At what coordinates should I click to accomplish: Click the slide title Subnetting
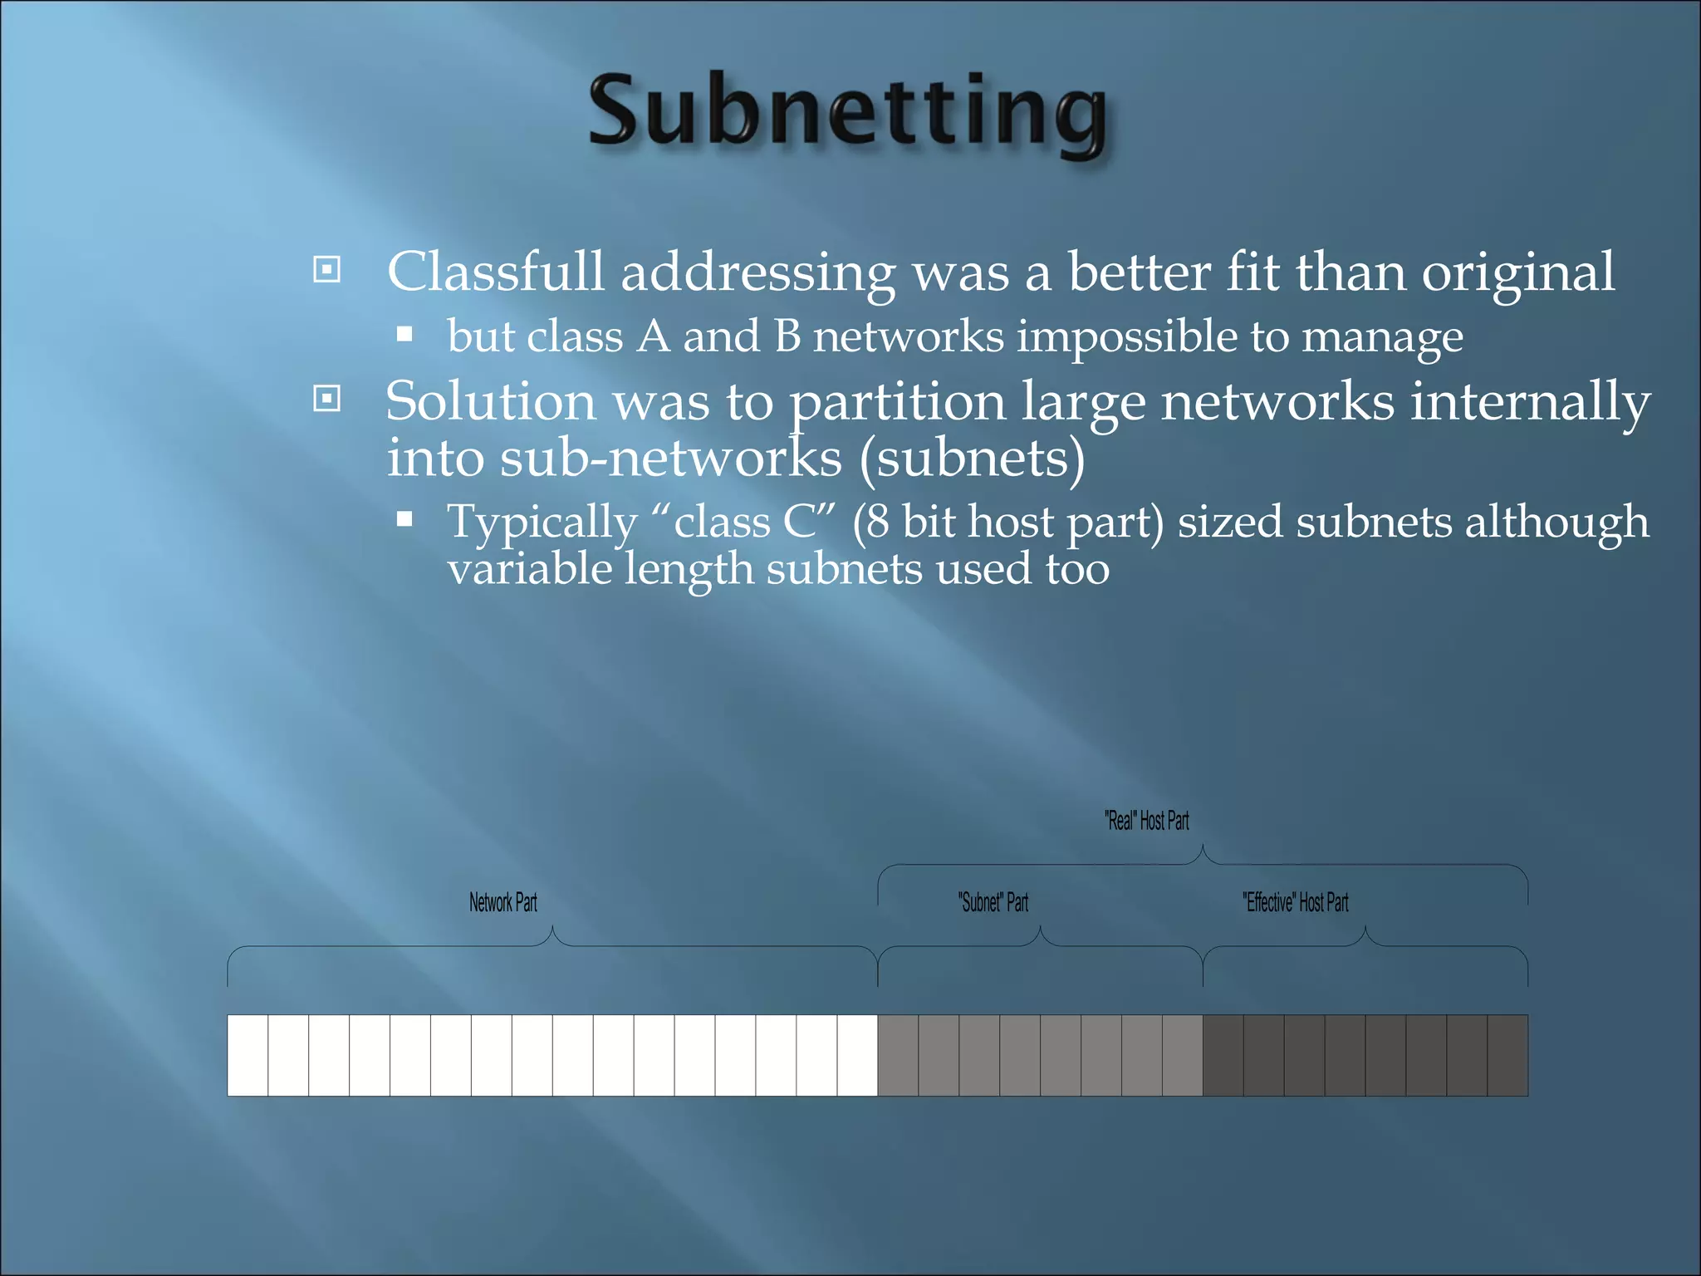847,112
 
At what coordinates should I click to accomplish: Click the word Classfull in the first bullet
495,272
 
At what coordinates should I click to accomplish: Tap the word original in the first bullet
1517,272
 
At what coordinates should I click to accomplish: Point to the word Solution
490,401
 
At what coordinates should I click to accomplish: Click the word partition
896,403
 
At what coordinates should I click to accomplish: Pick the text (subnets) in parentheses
972,459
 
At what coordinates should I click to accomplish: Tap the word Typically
542,523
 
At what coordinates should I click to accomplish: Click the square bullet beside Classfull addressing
327,269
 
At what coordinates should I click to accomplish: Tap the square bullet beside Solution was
327,399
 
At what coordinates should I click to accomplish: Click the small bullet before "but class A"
404,335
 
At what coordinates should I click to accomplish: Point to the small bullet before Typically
404,520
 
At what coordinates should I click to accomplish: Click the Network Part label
502,902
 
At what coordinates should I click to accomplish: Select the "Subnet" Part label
993,902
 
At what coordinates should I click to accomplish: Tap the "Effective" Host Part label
1295,902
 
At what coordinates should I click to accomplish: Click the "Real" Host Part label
1146,821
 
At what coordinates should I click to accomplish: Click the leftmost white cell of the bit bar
248,1055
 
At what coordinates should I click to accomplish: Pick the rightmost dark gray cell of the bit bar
1507,1055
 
